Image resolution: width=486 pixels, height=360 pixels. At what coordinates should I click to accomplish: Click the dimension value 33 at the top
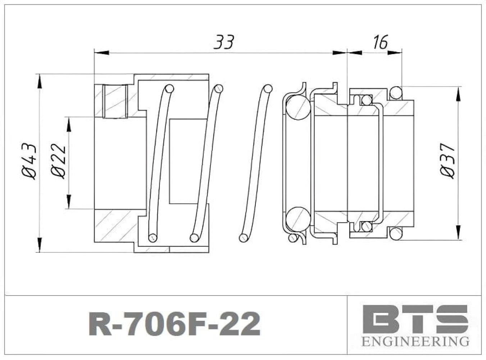click(x=224, y=42)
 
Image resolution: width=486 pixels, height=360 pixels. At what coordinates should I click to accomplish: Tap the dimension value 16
click(x=380, y=42)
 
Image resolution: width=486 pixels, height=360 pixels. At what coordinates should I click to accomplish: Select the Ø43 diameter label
click(x=29, y=161)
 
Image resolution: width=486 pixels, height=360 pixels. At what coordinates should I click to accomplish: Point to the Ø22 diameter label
click(x=58, y=161)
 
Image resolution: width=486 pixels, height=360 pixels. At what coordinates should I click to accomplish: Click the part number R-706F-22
click(x=174, y=324)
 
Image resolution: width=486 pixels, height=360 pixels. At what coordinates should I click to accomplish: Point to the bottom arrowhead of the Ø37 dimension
click(x=458, y=233)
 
